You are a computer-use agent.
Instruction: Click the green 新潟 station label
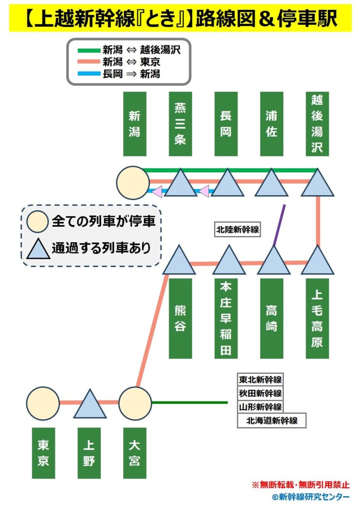135,124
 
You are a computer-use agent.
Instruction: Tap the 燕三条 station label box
180,124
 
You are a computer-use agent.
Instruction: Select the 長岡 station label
226,124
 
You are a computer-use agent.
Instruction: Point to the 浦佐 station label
271,124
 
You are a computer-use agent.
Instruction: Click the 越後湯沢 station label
317,124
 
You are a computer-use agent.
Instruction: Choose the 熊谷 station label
180,318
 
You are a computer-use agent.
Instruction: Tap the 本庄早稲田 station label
226,318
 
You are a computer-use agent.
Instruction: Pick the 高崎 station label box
271,318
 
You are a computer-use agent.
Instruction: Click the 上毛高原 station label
317,318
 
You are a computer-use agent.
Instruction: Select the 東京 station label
43,453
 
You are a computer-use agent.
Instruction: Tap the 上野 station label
89,453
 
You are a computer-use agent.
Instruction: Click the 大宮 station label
135,453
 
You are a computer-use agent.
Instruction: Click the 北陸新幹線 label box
237,230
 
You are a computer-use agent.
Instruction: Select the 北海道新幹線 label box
271,420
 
